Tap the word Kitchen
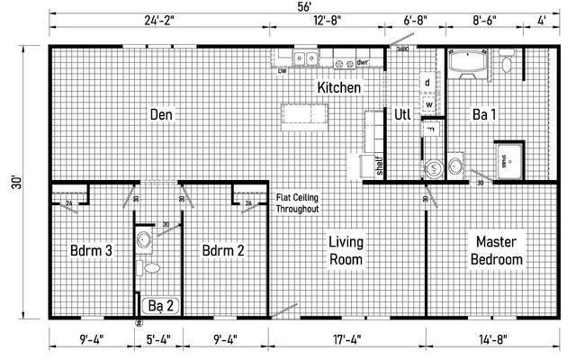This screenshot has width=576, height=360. coord(338,88)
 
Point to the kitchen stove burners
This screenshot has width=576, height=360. coord(341,62)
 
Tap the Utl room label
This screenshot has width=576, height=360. coord(401,114)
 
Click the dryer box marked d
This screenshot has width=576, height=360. coord(428,83)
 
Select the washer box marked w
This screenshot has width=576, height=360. coord(428,104)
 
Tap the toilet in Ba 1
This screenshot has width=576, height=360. coord(507,64)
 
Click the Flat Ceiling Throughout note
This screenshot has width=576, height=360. coord(297,202)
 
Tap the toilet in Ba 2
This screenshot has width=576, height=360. coord(150,267)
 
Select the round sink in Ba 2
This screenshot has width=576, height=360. coord(144,239)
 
